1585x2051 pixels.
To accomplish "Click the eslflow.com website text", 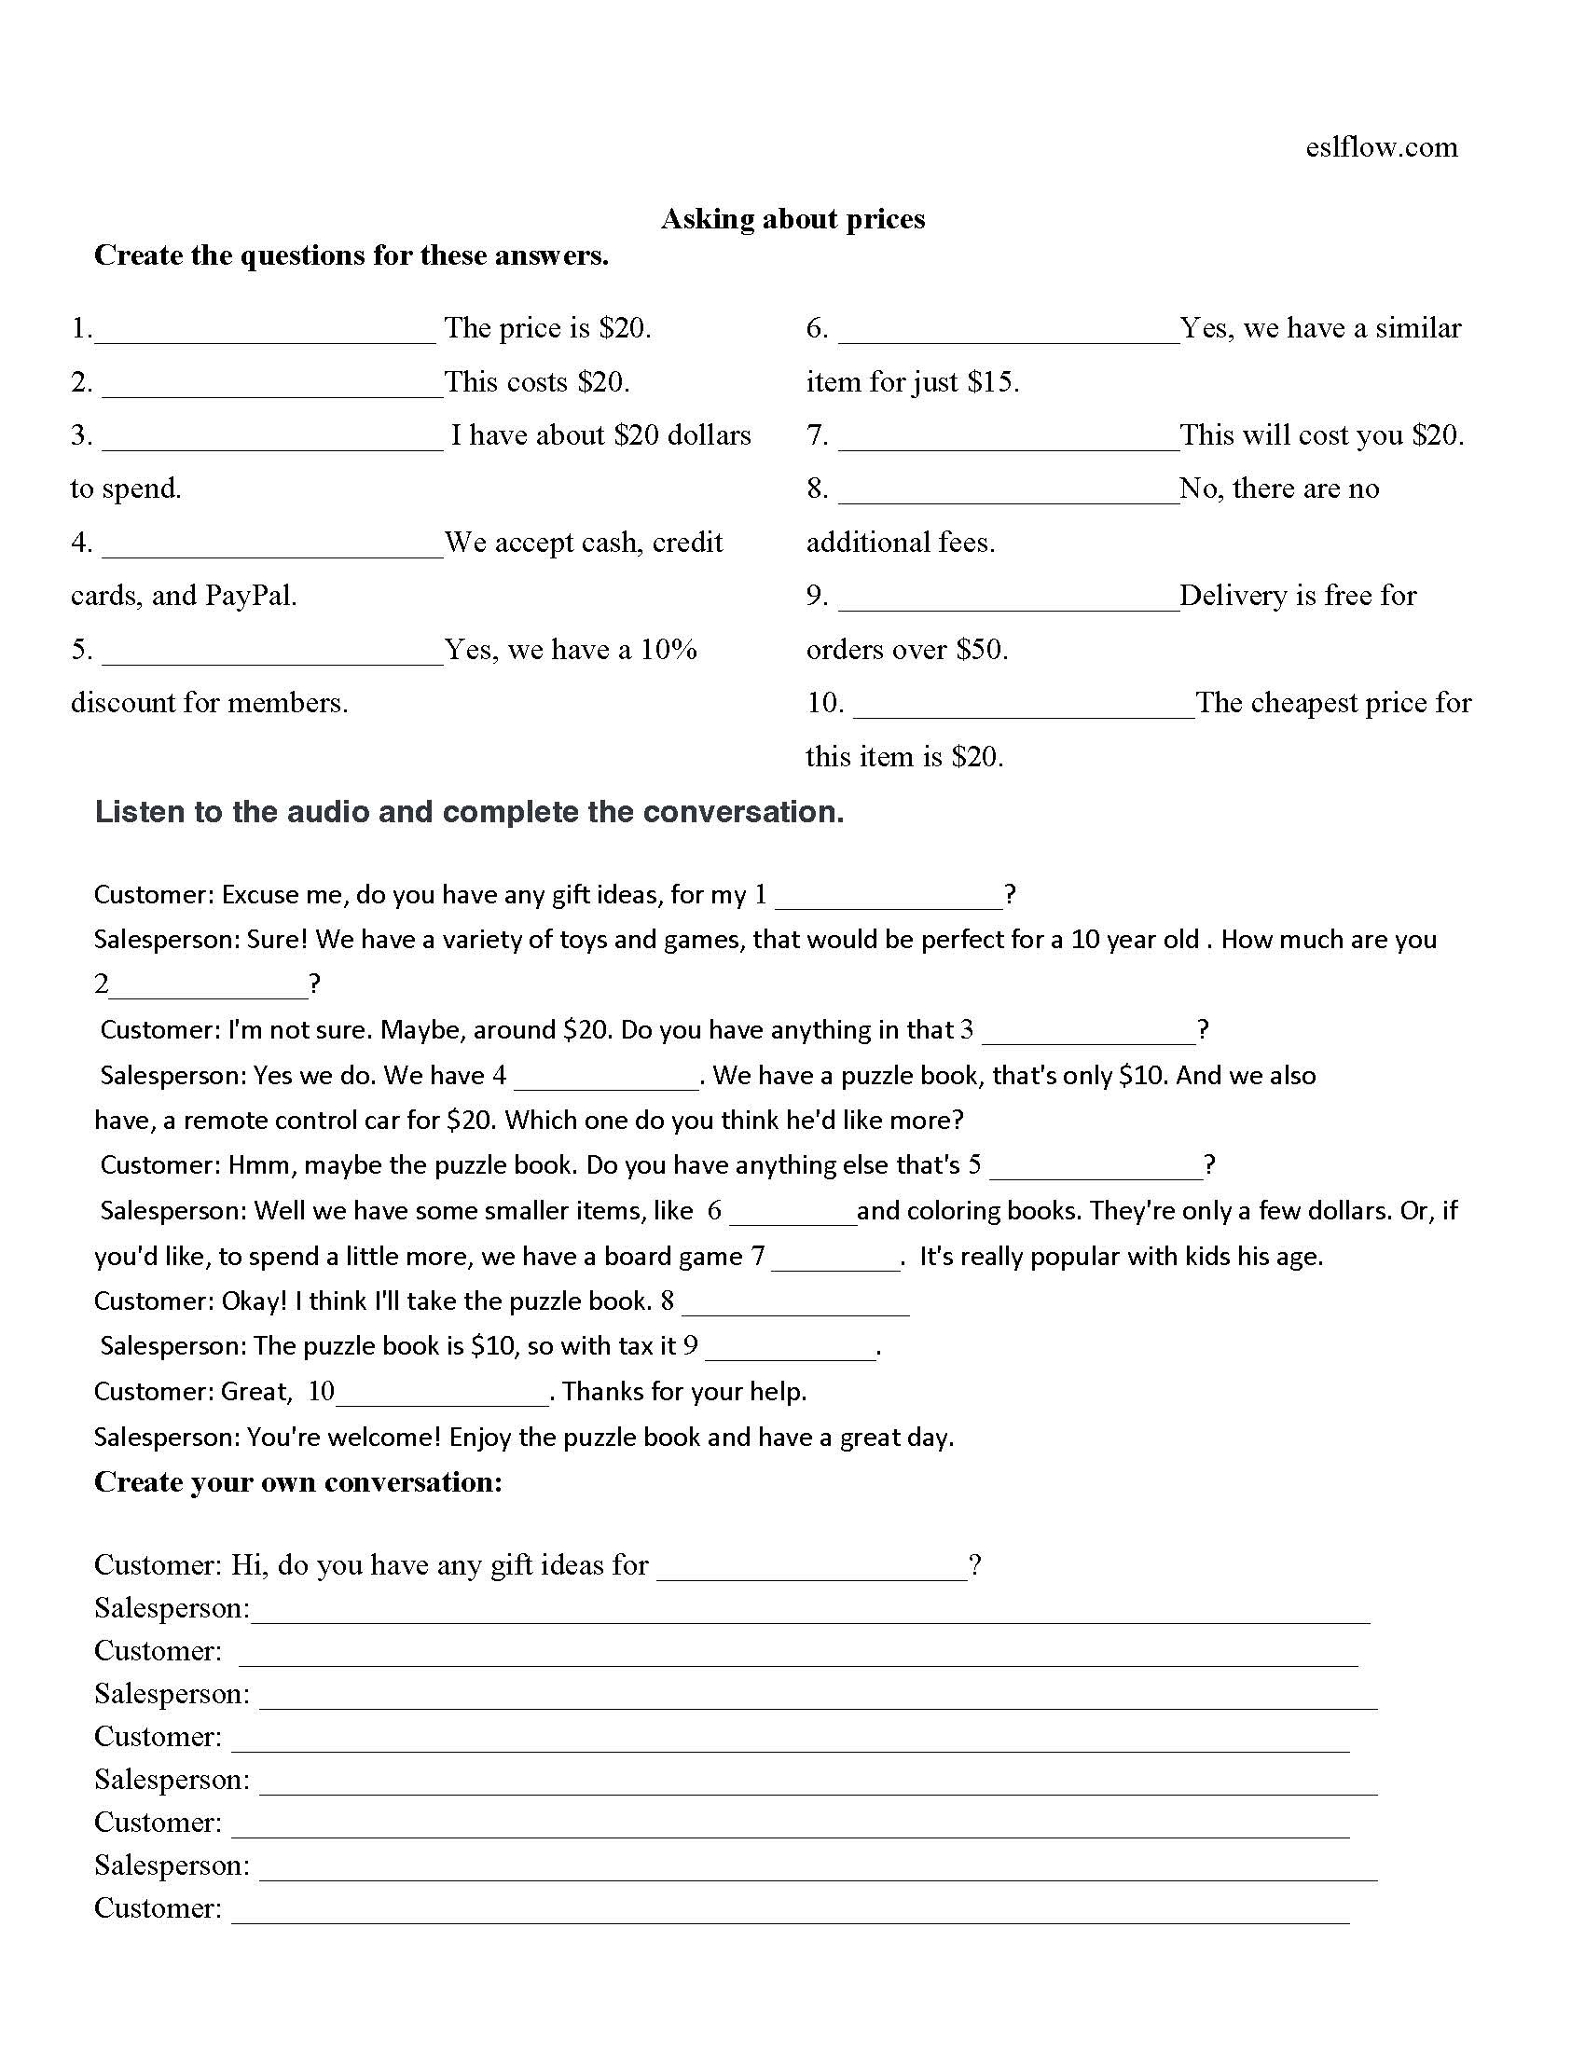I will [x=1380, y=147].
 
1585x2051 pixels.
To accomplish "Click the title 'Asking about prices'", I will [x=792, y=219].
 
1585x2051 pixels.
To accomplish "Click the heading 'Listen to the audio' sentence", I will [x=470, y=812].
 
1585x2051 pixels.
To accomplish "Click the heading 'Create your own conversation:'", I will [x=298, y=1482].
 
